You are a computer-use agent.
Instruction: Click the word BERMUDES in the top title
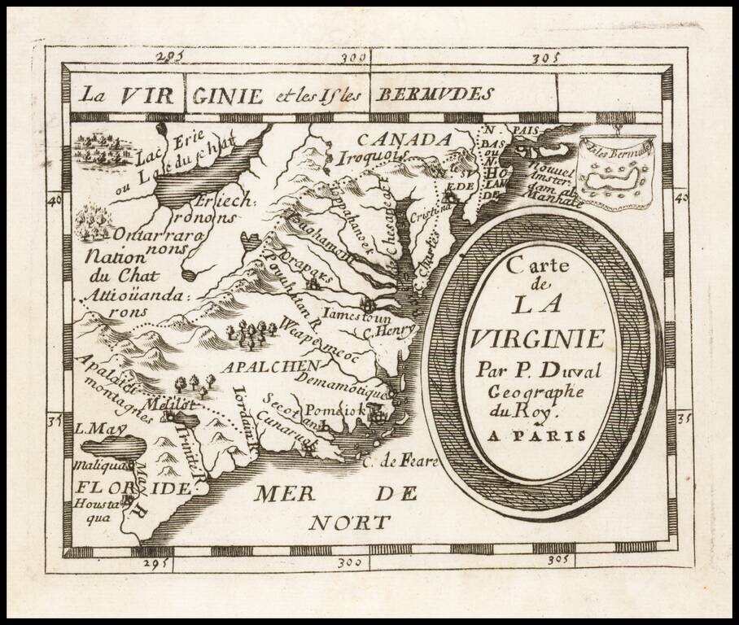[x=434, y=94]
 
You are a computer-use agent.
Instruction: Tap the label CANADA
[x=404, y=139]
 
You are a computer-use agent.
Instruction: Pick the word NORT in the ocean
[x=348, y=522]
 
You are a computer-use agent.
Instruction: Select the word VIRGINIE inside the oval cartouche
[x=536, y=338]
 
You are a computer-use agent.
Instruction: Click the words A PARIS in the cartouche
[x=536, y=435]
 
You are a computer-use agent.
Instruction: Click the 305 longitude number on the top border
[x=544, y=59]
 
